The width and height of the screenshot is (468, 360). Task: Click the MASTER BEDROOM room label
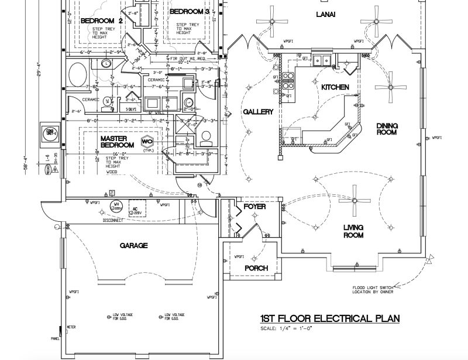[x=118, y=141]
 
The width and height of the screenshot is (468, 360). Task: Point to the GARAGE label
[x=133, y=246]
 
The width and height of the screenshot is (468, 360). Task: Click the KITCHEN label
[x=335, y=87]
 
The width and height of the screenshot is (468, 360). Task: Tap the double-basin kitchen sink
[x=321, y=59]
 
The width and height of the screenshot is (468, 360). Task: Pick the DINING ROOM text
[x=387, y=129]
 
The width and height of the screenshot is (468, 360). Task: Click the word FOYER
[x=254, y=207]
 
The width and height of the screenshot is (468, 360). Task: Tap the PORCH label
[x=256, y=268]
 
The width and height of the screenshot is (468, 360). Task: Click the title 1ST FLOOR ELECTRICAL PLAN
[x=330, y=318]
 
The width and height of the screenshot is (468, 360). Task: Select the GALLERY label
[x=258, y=111]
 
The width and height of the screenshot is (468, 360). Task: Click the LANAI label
[x=325, y=14]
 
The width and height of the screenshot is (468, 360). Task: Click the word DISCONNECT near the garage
[x=113, y=221]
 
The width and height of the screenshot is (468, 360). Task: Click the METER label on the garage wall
[x=72, y=327]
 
